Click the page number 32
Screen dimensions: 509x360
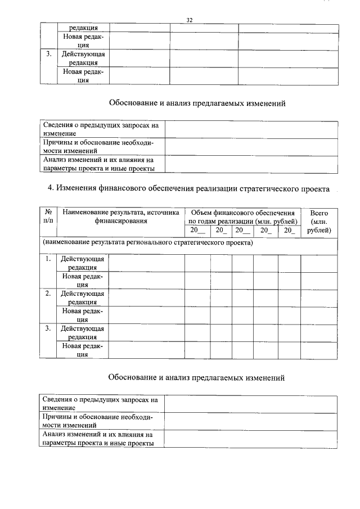click(190, 20)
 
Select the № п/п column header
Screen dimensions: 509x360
click(48, 217)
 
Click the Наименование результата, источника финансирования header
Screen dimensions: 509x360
click(121, 217)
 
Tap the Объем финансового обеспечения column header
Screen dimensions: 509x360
click(242, 213)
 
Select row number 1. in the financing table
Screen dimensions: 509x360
click(48, 259)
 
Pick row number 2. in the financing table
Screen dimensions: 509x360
click(48, 294)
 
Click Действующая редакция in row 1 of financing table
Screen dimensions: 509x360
click(83, 263)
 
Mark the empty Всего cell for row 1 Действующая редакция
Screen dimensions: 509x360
click(319, 263)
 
